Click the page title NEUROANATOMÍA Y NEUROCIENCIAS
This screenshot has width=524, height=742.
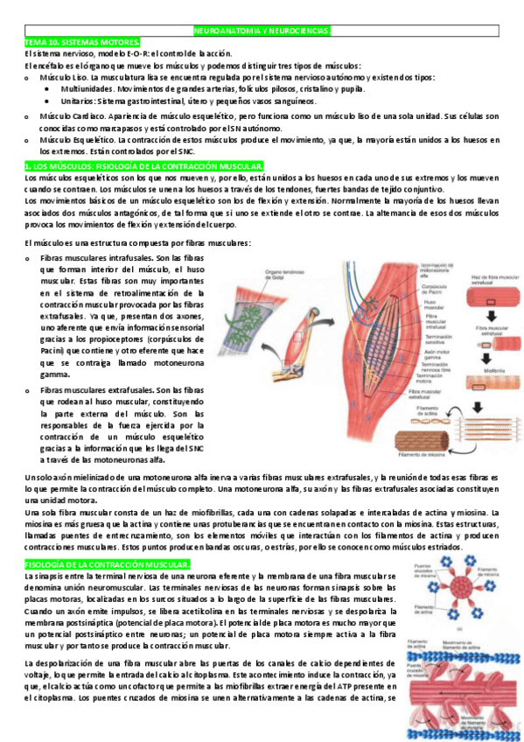click(x=262, y=31)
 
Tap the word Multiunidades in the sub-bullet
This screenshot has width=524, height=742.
click(x=89, y=89)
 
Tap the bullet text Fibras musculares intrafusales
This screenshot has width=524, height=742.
click(x=96, y=259)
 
